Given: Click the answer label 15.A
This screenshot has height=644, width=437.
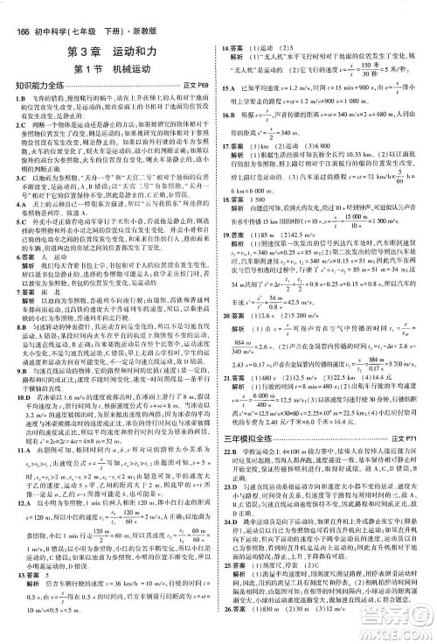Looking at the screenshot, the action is (x=230, y=88).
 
